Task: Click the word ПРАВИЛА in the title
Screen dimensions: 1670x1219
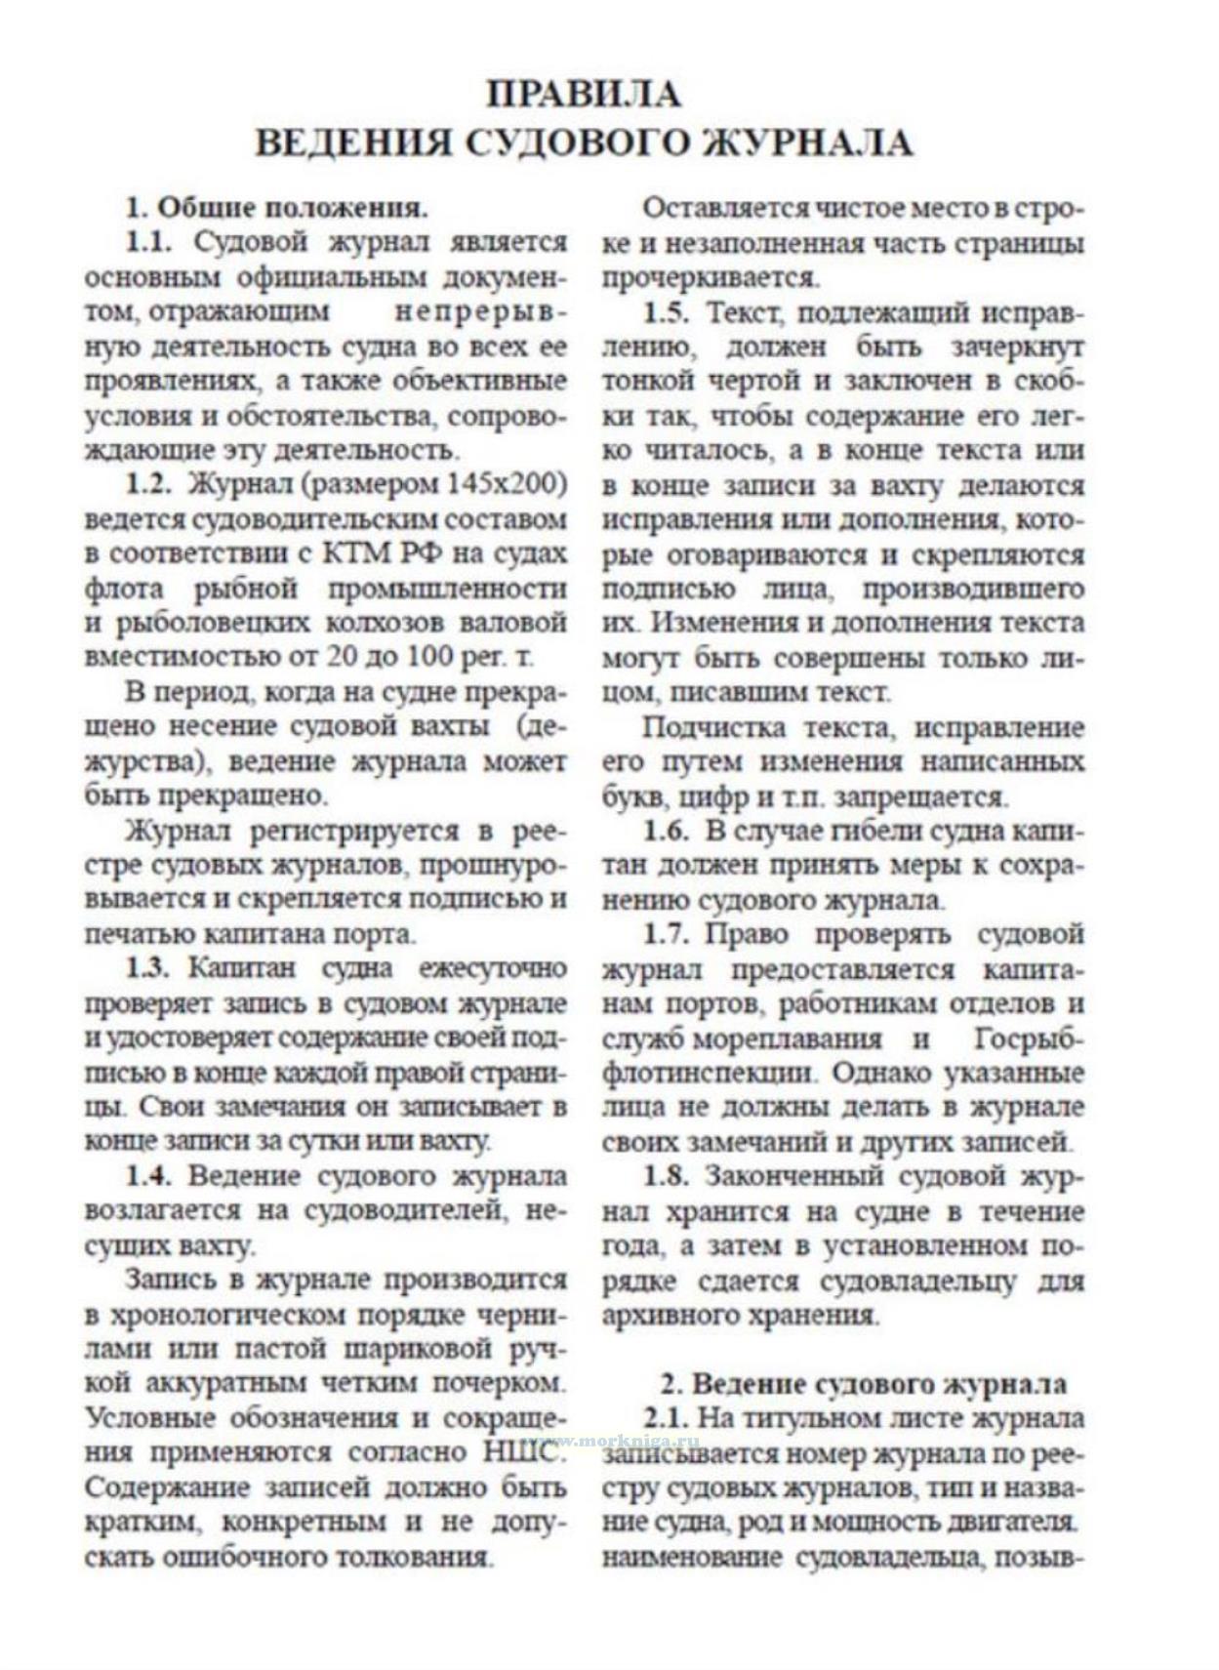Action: (584, 94)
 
